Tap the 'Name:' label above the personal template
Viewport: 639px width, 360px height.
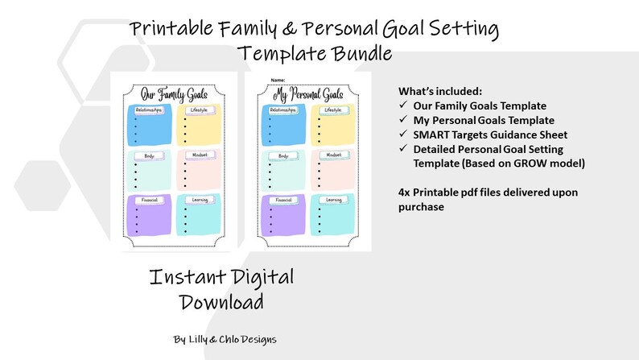278,79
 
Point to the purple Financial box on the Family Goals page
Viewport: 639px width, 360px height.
146,216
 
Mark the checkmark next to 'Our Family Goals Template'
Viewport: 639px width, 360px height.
403,106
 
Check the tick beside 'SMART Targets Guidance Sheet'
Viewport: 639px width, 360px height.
403,134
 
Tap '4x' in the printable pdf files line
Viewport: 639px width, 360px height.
405,192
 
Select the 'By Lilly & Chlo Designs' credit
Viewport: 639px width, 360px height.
225,339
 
